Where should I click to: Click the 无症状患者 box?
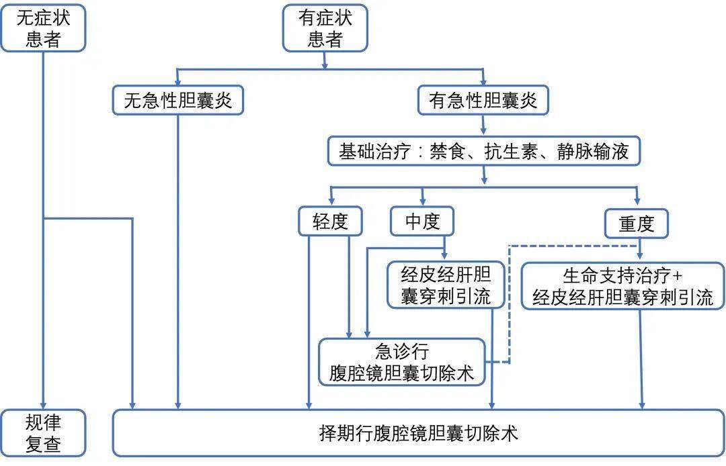pyautogui.click(x=43, y=28)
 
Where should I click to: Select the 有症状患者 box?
pyautogui.click(x=325, y=28)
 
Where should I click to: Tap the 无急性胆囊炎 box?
pyautogui.click(x=178, y=101)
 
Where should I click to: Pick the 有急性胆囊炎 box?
pyautogui.click(x=483, y=101)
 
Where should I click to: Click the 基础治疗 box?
pyautogui.click(x=483, y=152)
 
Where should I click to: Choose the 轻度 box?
pyautogui.click(x=329, y=222)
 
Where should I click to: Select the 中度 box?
pyautogui.click(x=422, y=222)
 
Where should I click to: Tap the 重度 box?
pyautogui.click(x=637, y=223)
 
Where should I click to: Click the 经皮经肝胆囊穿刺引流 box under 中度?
pyautogui.click(x=446, y=285)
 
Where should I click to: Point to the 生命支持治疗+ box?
pyautogui.click(x=622, y=285)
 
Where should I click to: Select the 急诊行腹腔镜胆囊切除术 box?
pyautogui.click(x=402, y=362)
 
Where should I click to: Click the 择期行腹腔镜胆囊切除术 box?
pyautogui.click(x=418, y=432)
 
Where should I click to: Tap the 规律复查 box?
pyautogui.click(x=43, y=432)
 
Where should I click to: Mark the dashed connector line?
pyautogui.click(x=509, y=302)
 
